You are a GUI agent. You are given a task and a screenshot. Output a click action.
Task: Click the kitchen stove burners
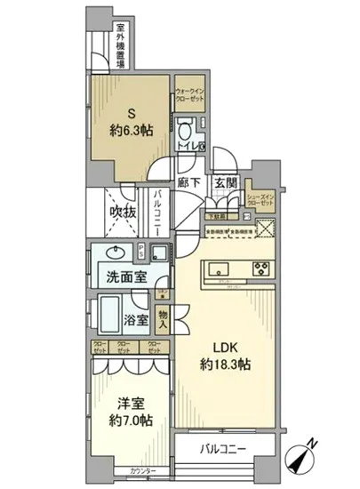point(262,269)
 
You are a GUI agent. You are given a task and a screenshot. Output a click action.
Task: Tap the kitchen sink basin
point(217,269)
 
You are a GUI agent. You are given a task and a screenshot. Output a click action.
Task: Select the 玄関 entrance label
point(225,182)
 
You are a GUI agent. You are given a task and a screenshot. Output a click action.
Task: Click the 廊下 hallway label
point(188,182)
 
